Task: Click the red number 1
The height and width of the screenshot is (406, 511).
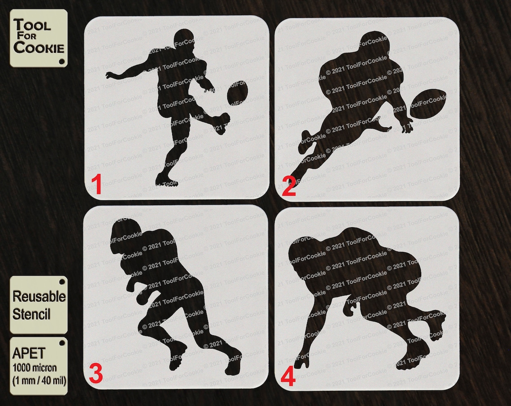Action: click(x=96, y=184)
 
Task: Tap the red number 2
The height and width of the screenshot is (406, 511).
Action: click(x=289, y=188)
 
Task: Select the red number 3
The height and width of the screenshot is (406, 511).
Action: click(x=96, y=374)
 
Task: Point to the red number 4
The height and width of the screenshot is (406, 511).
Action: click(x=288, y=377)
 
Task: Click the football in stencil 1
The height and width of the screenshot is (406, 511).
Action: click(x=238, y=92)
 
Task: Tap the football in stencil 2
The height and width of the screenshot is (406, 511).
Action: click(x=428, y=104)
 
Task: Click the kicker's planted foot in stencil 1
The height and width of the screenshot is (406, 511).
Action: click(x=166, y=180)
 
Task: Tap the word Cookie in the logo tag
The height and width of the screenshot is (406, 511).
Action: click(x=39, y=48)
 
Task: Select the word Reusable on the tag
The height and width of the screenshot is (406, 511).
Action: click(x=39, y=296)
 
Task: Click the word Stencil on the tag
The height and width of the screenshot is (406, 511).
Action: click(x=31, y=314)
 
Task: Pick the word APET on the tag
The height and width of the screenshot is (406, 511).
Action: click(x=29, y=354)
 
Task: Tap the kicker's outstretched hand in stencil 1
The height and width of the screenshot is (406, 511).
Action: click(x=109, y=75)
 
